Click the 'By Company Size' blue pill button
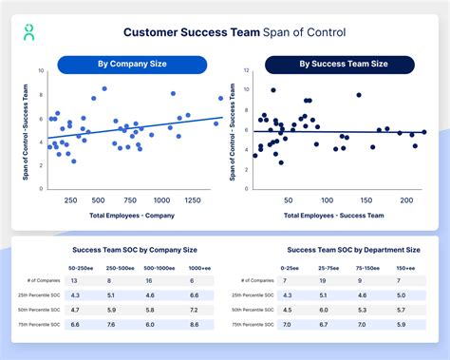(132, 65)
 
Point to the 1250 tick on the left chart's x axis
(192, 201)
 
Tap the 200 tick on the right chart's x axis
(405, 201)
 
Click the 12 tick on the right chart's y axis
(247, 70)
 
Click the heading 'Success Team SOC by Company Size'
(135, 250)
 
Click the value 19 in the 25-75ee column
(324, 281)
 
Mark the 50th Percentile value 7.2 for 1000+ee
(195, 309)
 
